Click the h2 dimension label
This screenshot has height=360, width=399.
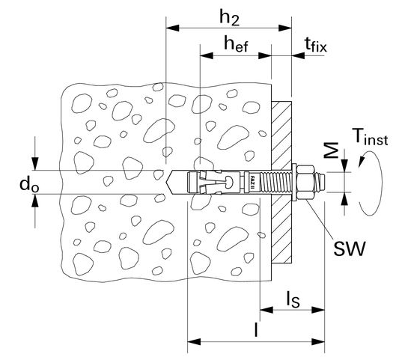pyautogui.click(x=230, y=18)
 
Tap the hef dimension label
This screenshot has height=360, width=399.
pyautogui.click(x=236, y=43)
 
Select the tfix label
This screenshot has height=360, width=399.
pyautogui.click(x=316, y=45)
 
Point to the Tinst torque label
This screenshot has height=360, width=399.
pyautogui.click(x=370, y=137)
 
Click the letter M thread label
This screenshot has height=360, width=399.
pyautogui.click(x=333, y=151)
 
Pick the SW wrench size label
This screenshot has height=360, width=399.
pyautogui.click(x=349, y=248)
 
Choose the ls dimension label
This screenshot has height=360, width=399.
pyautogui.click(x=293, y=299)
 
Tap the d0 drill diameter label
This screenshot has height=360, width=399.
pyautogui.click(x=29, y=184)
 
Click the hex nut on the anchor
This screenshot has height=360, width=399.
pyautogui.click(x=306, y=182)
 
